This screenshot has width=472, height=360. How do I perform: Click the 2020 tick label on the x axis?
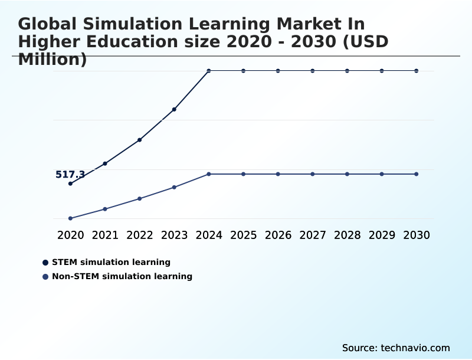71,235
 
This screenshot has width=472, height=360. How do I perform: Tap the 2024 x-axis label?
209,235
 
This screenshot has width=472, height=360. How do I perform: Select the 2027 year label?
313,235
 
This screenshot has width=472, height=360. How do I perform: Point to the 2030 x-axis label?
417,235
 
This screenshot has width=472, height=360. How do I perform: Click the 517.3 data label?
70,175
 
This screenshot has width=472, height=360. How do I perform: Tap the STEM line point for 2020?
70,184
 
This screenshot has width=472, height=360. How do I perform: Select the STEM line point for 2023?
174,109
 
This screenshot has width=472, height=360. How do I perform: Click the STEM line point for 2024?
209,71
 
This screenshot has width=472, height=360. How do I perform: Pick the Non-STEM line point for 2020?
70,218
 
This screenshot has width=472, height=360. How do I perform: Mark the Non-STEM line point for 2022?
140,198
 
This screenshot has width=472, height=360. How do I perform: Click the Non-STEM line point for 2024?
209,174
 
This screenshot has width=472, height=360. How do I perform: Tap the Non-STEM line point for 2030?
417,174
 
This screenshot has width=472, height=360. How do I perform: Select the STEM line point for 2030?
417,71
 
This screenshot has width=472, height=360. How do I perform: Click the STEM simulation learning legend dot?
45,262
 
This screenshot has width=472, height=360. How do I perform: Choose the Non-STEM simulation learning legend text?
122,276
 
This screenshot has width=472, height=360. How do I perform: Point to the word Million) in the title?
53,60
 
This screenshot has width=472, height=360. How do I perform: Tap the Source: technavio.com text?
396,348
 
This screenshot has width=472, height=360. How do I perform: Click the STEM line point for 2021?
105,163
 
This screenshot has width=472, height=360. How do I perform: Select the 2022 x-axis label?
140,235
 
